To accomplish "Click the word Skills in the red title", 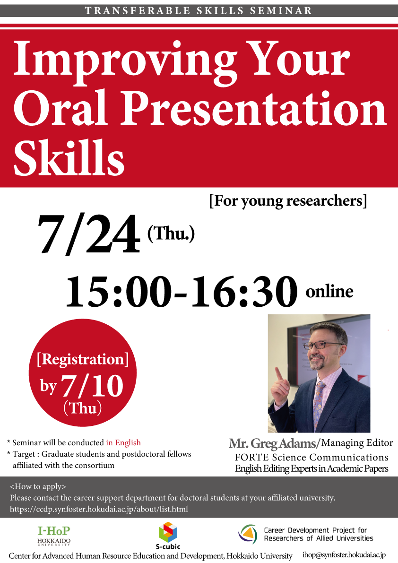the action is tap(69, 157).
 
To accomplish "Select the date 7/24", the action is tap(89, 234).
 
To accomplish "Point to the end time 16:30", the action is tap(244, 291).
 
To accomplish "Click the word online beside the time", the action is tap(329, 291).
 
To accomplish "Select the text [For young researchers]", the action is tap(288, 201).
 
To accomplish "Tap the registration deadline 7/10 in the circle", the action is tap(93, 386).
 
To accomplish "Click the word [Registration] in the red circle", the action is tap(83, 359).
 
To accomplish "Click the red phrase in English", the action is tap(123, 443).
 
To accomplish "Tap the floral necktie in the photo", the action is tap(318, 404).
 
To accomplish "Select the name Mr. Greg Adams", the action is tap(272, 443).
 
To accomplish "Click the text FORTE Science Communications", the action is tap(311, 458).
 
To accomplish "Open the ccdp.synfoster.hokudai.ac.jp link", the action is tap(99, 509).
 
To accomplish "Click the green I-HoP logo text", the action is tap(54, 531).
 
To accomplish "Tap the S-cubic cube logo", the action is tap(168, 532).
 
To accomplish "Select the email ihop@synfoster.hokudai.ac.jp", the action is tap(344, 555).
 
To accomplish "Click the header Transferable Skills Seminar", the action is tap(199, 11).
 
